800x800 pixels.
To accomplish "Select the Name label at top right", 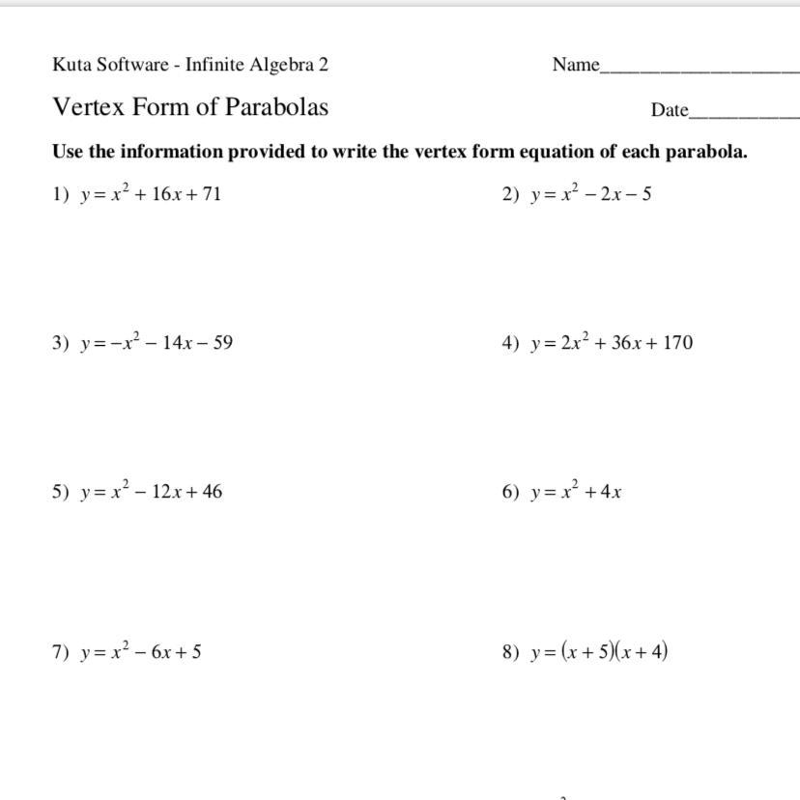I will (x=576, y=65).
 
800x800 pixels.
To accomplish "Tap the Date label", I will (x=669, y=110).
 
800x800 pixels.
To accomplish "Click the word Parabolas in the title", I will (x=276, y=106).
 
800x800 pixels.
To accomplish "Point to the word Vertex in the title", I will (x=89, y=106).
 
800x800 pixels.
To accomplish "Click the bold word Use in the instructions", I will (x=68, y=152).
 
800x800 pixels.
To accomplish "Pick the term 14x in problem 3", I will (x=178, y=343).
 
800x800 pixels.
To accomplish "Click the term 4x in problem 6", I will (x=611, y=492).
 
